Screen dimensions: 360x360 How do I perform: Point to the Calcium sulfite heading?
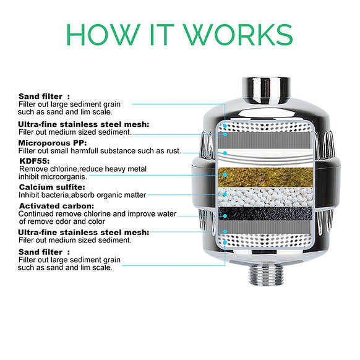[x=52, y=186]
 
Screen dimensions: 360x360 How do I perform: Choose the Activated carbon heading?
[x=56, y=205]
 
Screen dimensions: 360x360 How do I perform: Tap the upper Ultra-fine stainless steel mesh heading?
[x=84, y=124]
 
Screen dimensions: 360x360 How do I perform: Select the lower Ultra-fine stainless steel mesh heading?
[x=84, y=232]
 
